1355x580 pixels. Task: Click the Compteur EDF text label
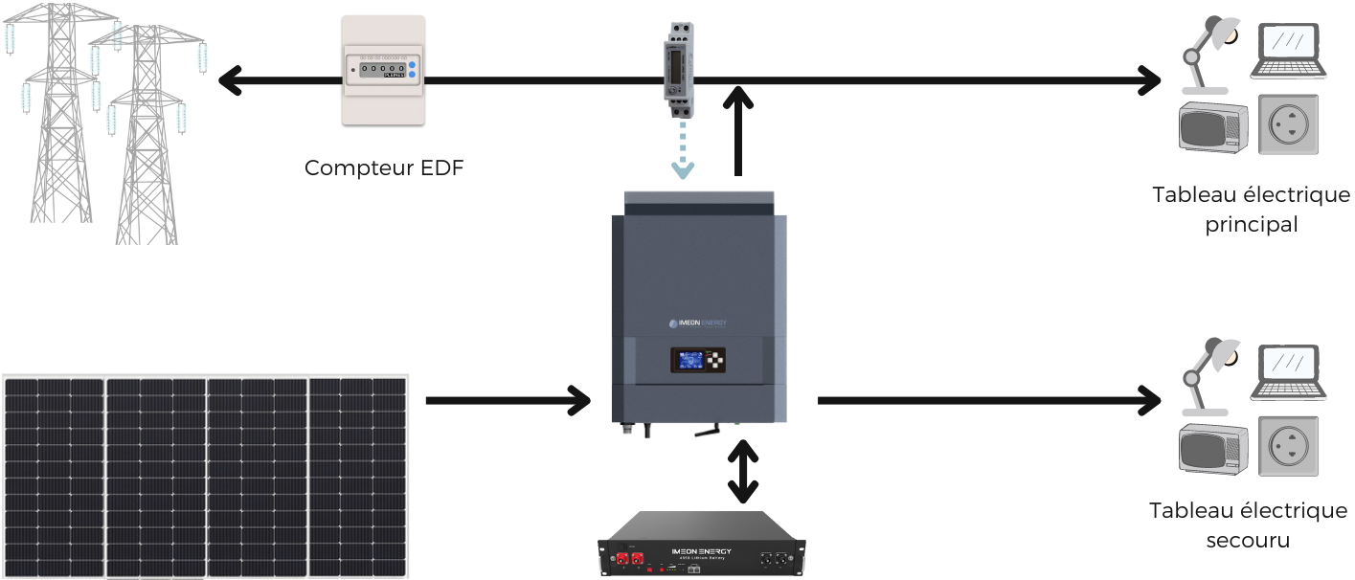pyautogui.click(x=384, y=167)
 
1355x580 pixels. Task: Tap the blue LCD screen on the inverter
pyautogui.click(x=690, y=361)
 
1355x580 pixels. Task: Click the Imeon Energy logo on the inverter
pyautogui.click(x=697, y=323)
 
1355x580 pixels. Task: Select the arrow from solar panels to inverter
pyautogui.click(x=508, y=399)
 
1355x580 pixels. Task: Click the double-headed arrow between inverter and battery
pyautogui.click(x=739, y=471)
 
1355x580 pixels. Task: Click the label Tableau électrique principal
pyautogui.click(x=1251, y=210)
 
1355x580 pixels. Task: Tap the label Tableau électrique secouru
pyautogui.click(x=1248, y=524)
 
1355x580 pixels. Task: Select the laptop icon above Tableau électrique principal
pyautogui.click(x=1288, y=50)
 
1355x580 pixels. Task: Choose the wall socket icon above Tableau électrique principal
pyautogui.click(x=1287, y=124)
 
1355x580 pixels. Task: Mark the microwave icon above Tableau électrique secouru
pyautogui.click(x=1212, y=447)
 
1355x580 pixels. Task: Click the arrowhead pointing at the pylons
pyautogui.click(x=230, y=80)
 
